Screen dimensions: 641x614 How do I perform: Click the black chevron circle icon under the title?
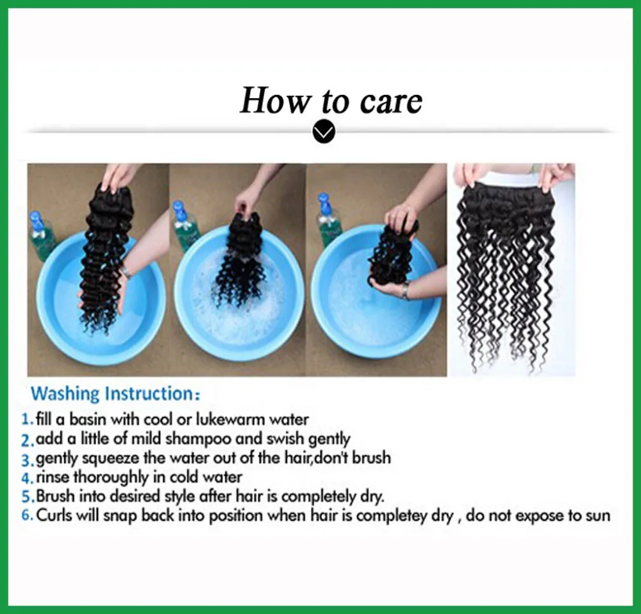point(324,132)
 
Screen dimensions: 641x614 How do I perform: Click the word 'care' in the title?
point(391,102)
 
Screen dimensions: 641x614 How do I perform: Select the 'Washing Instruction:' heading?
point(115,393)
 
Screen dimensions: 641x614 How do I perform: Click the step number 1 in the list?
point(27,420)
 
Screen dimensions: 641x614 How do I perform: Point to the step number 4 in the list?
point(27,477)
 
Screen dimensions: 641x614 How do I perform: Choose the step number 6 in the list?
point(27,515)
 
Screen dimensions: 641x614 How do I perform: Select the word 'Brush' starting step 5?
point(56,496)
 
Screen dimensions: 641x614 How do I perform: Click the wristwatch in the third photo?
point(404,291)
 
